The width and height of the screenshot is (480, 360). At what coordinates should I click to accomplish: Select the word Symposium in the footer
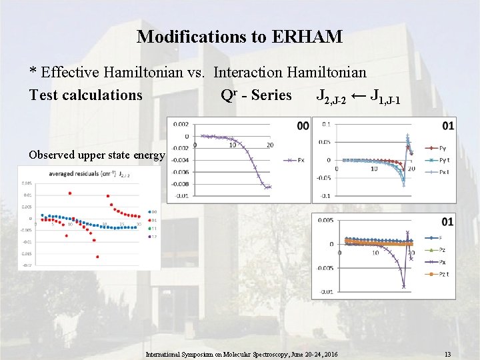[202, 354]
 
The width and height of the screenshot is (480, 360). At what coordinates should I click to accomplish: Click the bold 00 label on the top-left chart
[303, 125]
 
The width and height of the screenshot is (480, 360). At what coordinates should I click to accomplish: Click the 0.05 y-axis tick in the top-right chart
[324, 141]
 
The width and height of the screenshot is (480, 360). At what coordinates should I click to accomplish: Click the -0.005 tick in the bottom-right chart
[326, 268]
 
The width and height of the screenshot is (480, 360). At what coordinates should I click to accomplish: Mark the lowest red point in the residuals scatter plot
[97, 256]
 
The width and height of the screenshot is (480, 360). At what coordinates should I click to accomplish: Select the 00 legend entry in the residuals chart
[153, 213]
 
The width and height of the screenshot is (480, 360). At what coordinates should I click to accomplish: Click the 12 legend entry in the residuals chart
[153, 237]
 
